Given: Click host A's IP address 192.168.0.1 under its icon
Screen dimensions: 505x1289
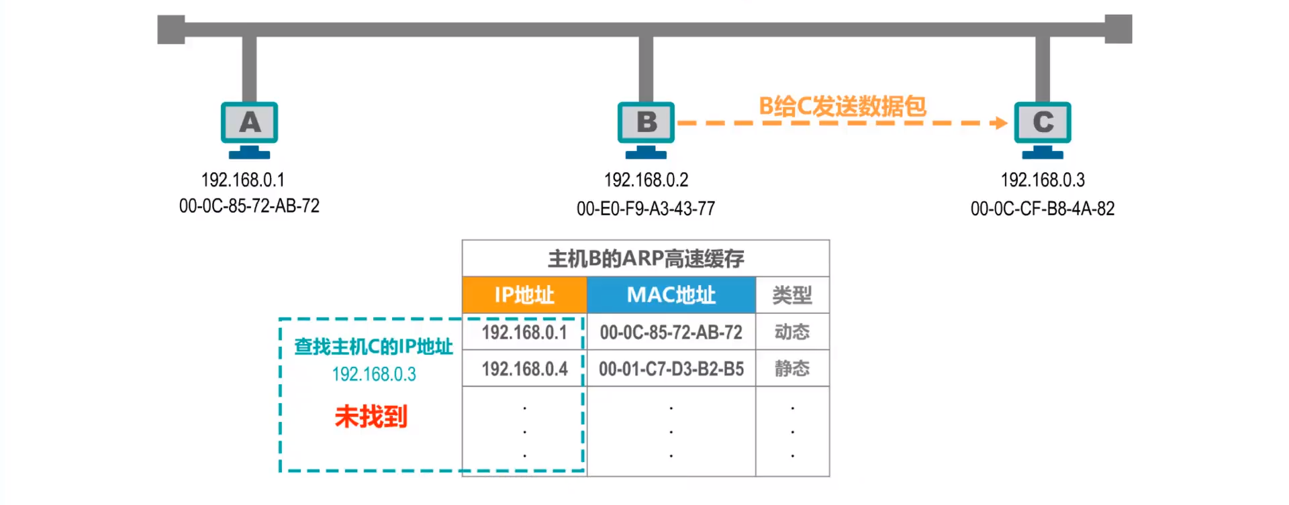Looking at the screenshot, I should pyautogui.click(x=243, y=180).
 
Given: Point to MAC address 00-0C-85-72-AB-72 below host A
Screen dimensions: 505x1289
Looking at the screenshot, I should pyautogui.click(x=249, y=206).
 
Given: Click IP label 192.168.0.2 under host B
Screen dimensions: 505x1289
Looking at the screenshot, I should pyautogui.click(x=646, y=180).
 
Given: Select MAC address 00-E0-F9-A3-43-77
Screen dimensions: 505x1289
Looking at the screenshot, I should pyautogui.click(x=646, y=209).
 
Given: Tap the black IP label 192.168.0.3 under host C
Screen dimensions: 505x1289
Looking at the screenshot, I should pyautogui.click(x=1042, y=180).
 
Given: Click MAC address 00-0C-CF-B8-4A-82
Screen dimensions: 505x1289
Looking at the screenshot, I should pyautogui.click(x=1042, y=209).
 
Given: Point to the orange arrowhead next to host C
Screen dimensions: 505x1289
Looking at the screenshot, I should pyautogui.click(x=1000, y=123).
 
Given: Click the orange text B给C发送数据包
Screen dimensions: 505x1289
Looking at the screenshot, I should pyautogui.click(x=842, y=106).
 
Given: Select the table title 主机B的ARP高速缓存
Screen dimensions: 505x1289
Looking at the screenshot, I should pyautogui.click(x=646, y=258).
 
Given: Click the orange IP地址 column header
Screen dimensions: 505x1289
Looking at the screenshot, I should pyautogui.click(x=524, y=295).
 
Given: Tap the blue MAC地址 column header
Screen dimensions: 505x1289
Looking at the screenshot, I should pyautogui.click(x=671, y=295).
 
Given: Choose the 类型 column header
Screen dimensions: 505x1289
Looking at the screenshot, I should pyautogui.click(x=792, y=295).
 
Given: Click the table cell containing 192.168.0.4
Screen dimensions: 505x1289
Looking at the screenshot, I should pyautogui.click(x=524, y=368).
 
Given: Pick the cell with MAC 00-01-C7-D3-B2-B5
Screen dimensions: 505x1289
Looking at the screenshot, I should pyautogui.click(x=671, y=368).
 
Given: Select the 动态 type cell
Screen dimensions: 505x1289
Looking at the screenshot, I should pyautogui.click(x=792, y=332).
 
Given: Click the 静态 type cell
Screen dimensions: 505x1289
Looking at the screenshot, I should pyautogui.click(x=792, y=368).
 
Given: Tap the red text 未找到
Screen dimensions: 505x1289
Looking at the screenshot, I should pyautogui.click(x=371, y=416).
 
